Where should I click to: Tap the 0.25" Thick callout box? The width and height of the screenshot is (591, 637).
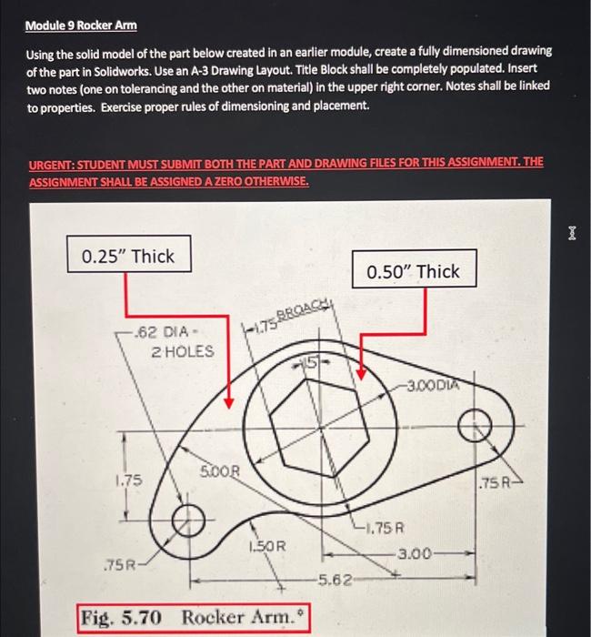[128, 256]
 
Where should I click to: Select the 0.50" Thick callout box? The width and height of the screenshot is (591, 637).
[413, 271]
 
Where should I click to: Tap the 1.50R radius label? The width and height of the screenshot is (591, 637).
[266, 546]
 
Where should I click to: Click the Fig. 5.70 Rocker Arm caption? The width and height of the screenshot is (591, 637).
[192, 618]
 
